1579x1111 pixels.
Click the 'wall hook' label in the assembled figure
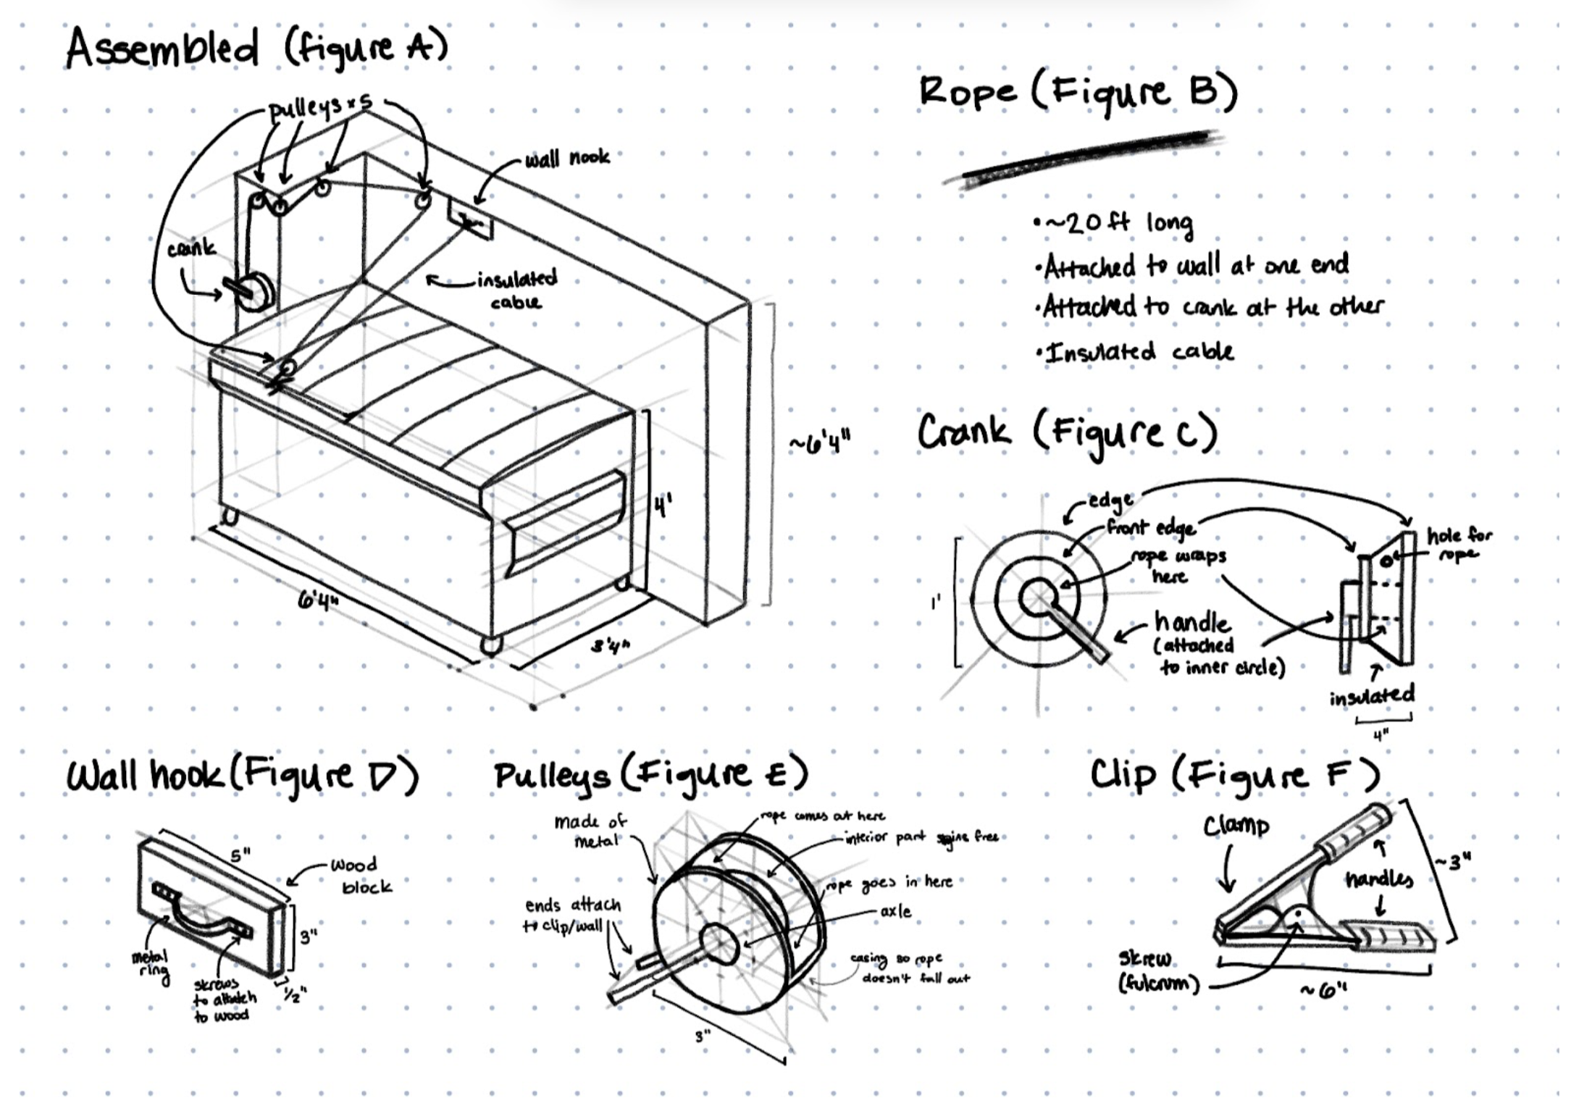coord(567,158)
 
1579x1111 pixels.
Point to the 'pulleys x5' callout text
coord(319,109)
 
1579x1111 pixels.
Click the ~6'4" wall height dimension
coord(820,440)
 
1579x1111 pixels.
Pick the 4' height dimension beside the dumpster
coord(663,505)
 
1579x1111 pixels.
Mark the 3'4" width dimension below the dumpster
coord(610,644)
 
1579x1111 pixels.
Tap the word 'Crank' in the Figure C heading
coord(963,432)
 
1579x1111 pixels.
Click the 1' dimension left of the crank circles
coord(936,602)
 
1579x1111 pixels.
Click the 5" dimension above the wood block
coord(240,855)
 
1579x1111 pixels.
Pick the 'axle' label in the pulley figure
coord(896,911)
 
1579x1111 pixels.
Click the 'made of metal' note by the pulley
coord(590,831)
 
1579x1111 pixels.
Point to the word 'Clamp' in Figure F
coord(1236,826)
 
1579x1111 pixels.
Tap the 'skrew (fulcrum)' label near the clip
coord(1157,971)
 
